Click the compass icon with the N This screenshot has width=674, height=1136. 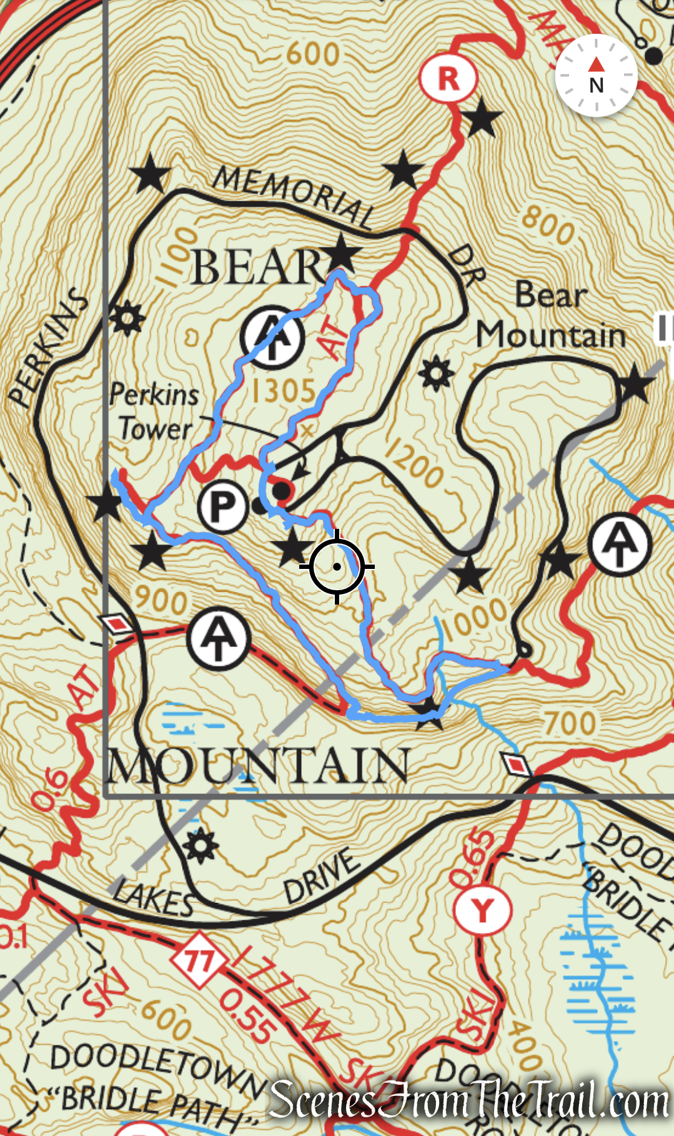pos(596,76)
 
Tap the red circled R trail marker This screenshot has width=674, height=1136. pos(448,79)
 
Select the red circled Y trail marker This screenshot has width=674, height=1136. pos(482,910)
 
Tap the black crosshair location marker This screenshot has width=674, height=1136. pos(337,566)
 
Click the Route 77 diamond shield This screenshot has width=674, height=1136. pos(198,960)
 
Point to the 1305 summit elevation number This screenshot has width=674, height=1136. pos(283,391)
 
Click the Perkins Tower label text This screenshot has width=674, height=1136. pos(154,412)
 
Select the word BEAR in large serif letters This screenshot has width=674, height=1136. pos(257,268)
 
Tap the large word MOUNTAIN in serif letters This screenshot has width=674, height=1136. pos(258,767)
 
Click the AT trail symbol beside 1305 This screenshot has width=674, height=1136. pos(272,337)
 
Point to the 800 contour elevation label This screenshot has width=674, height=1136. pos(548,224)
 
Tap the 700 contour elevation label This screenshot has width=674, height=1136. pos(570,723)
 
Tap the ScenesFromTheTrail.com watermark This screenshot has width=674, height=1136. pos(468,1101)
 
